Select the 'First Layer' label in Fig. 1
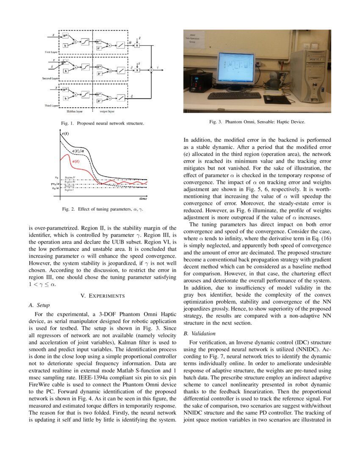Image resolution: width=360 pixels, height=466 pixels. coord(51,52)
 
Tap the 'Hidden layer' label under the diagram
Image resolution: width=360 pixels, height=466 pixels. coord(74,112)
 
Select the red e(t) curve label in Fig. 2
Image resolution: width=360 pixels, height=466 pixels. coord(76,162)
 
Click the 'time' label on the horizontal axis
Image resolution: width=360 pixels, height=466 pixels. coord(143,198)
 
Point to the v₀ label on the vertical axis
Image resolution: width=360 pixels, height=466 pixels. coord(57,177)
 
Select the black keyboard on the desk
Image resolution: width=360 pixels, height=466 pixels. coord(234,96)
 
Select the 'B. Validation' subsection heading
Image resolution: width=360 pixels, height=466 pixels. coord(198,333)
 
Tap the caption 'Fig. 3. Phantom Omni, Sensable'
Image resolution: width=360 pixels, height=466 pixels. coord(257,122)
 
